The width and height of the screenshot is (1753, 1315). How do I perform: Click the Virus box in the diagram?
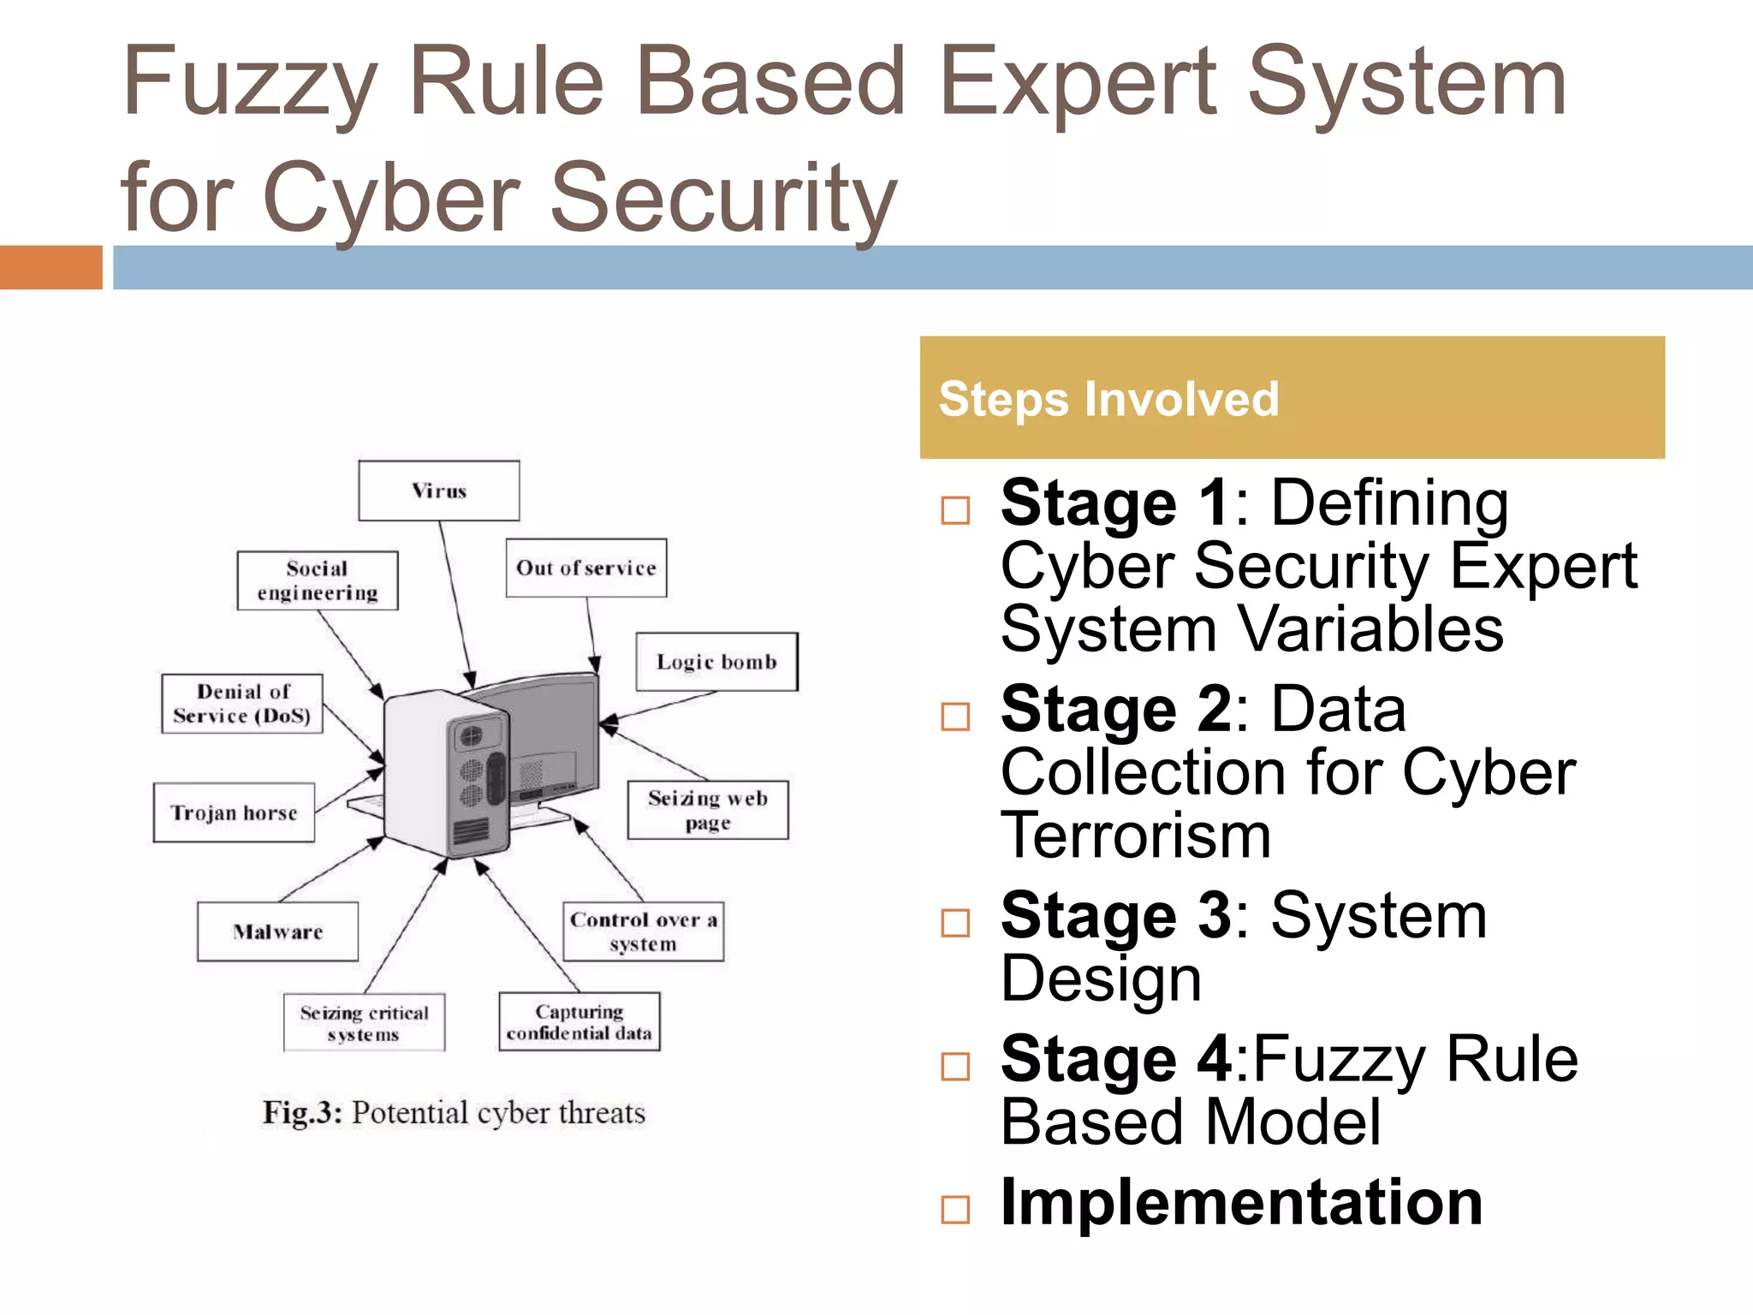coord(438,491)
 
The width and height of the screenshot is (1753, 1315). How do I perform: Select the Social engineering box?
coord(318,580)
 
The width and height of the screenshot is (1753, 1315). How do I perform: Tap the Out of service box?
coord(585,568)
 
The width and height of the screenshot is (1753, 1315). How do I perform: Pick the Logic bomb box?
coord(716,662)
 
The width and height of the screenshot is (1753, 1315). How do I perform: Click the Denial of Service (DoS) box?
coord(242,704)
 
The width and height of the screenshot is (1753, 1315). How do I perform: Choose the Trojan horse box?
coord(234,812)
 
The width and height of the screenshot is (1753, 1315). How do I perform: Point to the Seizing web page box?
coord(708,810)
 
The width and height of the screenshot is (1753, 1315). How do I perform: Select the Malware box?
coord(277,931)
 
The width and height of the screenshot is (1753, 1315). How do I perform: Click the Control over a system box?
coord(643,931)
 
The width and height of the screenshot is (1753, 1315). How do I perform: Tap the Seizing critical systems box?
coord(364,1022)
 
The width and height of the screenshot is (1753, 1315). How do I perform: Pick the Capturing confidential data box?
coord(579,1021)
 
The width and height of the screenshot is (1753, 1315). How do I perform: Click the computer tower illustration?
coord(445,775)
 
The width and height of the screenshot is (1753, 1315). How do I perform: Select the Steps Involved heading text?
coord(1108,399)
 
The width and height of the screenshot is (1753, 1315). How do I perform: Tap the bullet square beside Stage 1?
coord(955,510)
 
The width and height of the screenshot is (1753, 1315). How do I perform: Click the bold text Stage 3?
coord(1116,916)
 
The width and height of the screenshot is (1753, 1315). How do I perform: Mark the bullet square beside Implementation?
coord(955,1210)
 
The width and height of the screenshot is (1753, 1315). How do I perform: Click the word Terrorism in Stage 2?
coord(1136,836)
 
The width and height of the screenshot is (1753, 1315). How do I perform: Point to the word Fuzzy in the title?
coord(249,83)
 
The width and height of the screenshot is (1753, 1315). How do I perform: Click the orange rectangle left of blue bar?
coord(51,267)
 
